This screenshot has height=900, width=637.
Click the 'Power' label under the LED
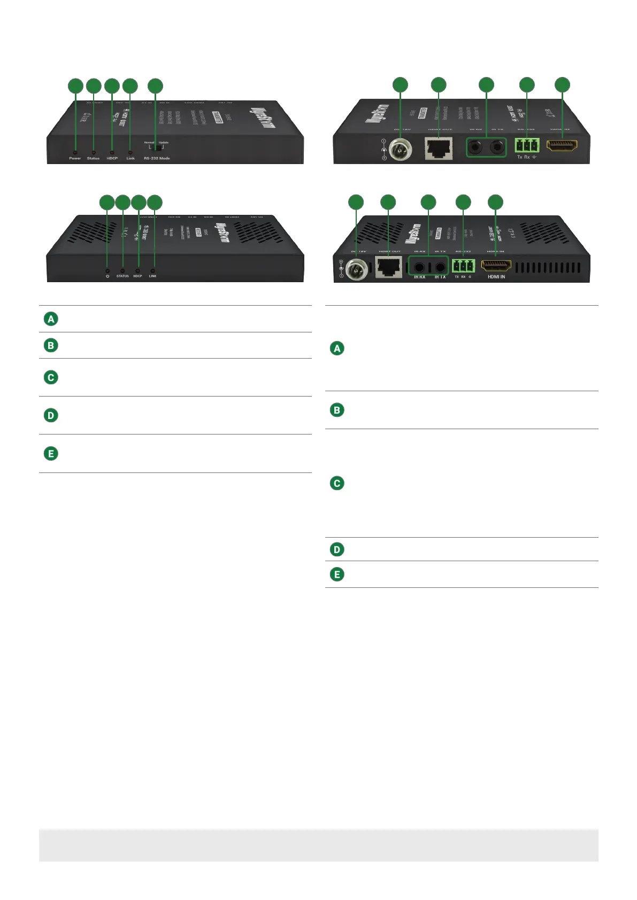75,158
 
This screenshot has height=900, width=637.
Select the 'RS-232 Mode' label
157,158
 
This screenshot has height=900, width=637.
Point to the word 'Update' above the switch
164,142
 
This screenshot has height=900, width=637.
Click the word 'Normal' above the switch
149,142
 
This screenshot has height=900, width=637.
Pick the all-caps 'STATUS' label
122,276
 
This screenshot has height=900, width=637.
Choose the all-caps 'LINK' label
153,276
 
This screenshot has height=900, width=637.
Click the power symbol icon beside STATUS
108,276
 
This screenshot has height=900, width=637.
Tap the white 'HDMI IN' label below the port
496,277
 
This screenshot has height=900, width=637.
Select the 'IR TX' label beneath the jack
440,277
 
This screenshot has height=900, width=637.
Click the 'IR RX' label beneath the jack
419,277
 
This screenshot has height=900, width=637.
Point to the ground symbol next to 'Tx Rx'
534,157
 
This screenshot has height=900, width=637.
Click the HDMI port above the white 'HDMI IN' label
496,265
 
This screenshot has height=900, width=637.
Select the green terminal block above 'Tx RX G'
463,265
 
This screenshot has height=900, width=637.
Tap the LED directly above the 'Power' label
75,152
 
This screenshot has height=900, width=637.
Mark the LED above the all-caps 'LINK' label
153,270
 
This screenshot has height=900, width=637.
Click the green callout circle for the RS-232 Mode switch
155,86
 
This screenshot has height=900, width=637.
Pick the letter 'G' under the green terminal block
470,277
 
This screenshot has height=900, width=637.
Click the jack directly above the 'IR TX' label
440,266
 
